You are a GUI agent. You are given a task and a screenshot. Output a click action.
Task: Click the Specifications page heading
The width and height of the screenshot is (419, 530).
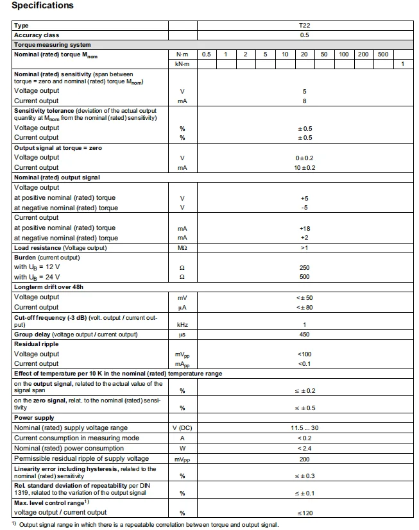coord(42,6)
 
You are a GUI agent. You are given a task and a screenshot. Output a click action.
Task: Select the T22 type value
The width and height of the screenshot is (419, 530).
coord(304,25)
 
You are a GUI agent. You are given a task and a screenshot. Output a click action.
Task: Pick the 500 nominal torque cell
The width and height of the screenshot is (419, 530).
coord(383,54)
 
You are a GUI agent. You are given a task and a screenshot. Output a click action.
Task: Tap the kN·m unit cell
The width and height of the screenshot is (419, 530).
coord(182,65)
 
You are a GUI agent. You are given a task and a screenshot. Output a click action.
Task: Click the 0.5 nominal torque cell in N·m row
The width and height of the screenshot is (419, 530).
coord(206,54)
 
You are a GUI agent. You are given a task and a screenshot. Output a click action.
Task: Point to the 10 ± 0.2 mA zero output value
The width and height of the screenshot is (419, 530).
coord(304,167)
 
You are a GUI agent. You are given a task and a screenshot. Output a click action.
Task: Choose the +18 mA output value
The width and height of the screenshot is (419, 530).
coord(304,228)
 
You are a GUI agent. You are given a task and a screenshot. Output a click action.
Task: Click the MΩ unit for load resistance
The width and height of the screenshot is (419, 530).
coord(182,247)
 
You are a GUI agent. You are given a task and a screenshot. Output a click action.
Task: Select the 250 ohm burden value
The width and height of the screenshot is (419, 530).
coord(304,267)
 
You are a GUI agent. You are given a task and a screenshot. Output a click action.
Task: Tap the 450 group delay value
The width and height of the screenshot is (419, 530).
coord(304,335)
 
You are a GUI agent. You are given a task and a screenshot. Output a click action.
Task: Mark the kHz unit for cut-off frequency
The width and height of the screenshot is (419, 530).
coord(182,325)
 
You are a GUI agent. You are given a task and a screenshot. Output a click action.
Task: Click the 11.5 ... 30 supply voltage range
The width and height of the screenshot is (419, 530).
coord(304,427)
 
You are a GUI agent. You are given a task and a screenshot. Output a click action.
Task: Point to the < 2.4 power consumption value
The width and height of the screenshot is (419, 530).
coord(304,448)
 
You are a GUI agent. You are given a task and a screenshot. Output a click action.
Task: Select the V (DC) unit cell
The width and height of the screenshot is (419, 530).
coord(182,427)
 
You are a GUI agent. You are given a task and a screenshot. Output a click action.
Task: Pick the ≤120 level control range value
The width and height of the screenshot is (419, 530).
coord(304,513)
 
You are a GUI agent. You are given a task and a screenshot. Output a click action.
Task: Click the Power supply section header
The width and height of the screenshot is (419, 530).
coord(34,418)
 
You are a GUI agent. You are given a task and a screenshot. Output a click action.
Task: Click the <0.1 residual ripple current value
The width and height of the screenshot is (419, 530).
coord(304,364)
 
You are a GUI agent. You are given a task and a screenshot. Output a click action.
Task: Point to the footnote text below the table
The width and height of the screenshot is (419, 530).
coord(148,525)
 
